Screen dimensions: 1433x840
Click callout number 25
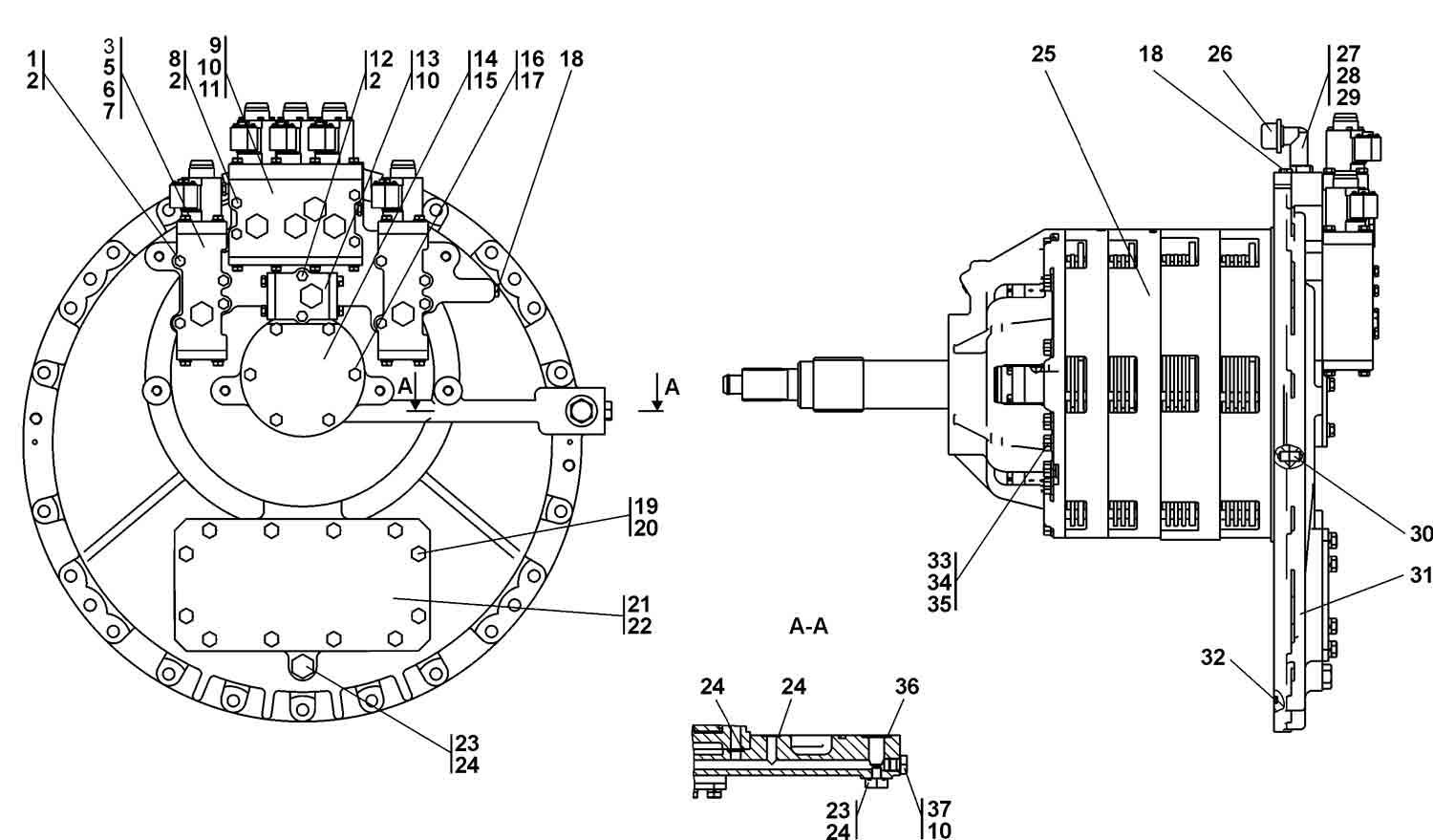pos(1043,54)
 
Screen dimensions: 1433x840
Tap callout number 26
pos(1220,54)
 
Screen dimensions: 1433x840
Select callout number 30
pos(1421,533)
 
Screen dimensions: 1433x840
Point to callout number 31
pos(1421,575)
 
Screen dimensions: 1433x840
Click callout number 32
pos(1213,657)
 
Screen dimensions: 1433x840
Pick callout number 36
pos(907,686)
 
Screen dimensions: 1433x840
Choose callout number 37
pos(939,809)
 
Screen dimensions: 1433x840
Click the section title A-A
pos(808,626)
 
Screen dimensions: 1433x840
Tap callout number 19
pos(646,506)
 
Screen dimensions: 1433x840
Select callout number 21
pos(639,604)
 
